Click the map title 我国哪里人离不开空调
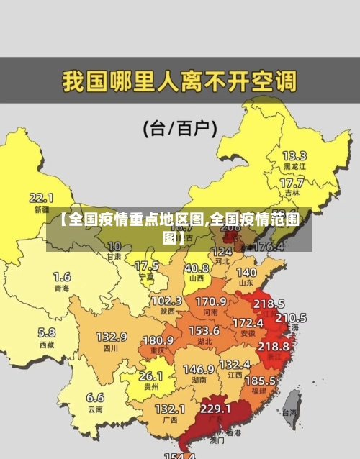pyautogui.click(x=179, y=80)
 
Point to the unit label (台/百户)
pyautogui.click(x=180, y=129)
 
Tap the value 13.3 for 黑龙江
pyautogui.click(x=294, y=155)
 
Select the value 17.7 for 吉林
pyautogui.click(x=292, y=183)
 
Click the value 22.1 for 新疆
pyautogui.click(x=41, y=197)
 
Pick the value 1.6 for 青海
pyautogui.click(x=62, y=276)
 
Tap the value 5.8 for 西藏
pyautogui.click(x=46, y=332)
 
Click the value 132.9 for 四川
pyautogui.click(x=111, y=336)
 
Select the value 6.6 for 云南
pyautogui.click(x=95, y=397)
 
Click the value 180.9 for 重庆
pyautogui.click(x=158, y=339)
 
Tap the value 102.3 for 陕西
pyautogui.click(x=166, y=300)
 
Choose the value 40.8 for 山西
pyautogui.click(x=196, y=267)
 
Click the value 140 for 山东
pyautogui.click(x=246, y=273)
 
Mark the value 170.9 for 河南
pyautogui.click(x=211, y=301)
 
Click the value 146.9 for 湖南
pyautogui.click(x=198, y=368)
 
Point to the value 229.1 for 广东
pyautogui.click(x=215, y=408)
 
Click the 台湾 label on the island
pyautogui.click(x=289, y=413)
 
